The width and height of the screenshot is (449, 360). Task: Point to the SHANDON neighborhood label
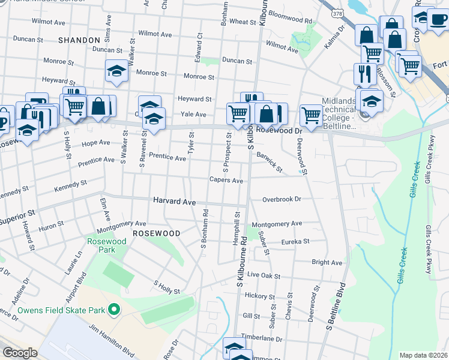pos(79,40)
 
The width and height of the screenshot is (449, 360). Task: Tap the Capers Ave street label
pos(226,180)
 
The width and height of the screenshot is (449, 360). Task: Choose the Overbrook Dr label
pos(281,199)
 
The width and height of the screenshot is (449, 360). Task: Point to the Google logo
pos(20,353)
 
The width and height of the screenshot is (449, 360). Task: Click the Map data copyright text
pos(424,355)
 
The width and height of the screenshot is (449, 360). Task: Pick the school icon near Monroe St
pos(116,71)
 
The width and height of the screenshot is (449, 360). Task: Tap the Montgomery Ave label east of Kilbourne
pos(277,224)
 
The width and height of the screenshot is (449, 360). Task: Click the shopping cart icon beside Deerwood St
pos(311,115)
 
